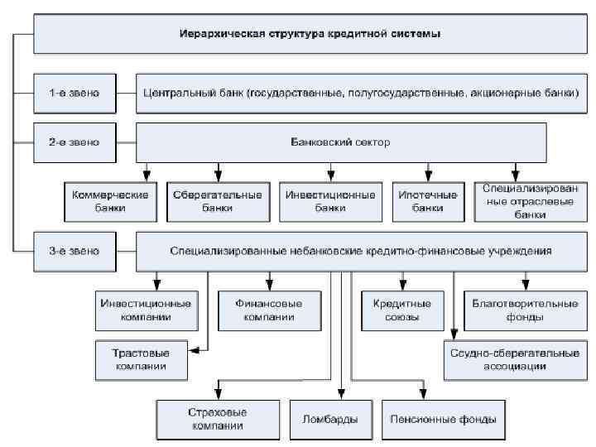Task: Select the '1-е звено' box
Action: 73,94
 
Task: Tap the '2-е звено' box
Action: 73,142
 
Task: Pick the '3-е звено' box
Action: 73,249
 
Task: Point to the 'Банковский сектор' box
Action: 340,142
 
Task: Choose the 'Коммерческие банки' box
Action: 110,201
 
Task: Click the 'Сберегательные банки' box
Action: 218,201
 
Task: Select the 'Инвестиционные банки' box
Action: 329,201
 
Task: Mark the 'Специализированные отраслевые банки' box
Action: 519,201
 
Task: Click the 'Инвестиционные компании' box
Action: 145,310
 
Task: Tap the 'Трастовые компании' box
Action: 140,358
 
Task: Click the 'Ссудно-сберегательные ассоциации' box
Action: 515,358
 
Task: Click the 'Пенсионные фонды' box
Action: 443,419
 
